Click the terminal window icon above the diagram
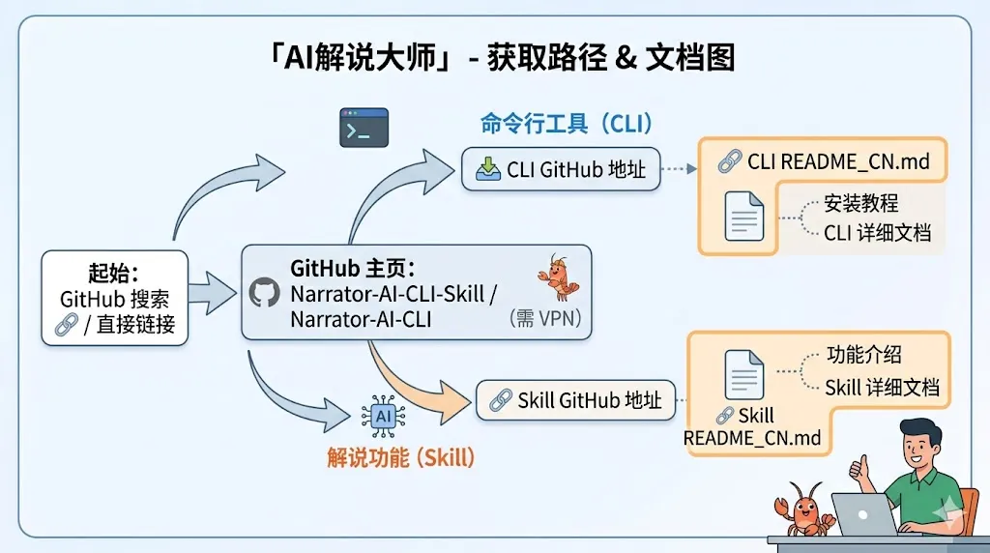(364, 128)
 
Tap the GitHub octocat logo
(264, 293)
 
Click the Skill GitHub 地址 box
(576, 399)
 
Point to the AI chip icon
(383, 416)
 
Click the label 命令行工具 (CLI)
(567, 124)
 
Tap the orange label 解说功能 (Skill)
(400, 457)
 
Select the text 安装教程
(860, 204)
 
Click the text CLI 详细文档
(877, 233)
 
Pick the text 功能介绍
(863, 355)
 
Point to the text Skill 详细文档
(882, 388)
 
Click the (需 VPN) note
(547, 320)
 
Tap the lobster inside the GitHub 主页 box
(555, 279)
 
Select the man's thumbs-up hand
(858, 469)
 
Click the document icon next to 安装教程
(743, 216)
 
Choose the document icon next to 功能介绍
(743, 373)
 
